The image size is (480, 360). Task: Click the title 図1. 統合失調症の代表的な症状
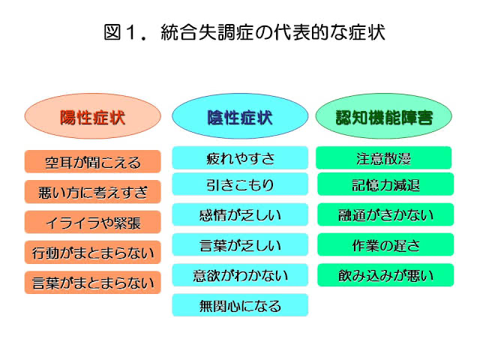pyautogui.click(x=244, y=32)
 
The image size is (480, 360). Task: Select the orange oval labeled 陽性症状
pyautogui.click(x=93, y=116)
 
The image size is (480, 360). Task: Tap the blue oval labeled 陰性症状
pyautogui.click(x=240, y=116)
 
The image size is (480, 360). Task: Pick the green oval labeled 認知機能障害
pyautogui.click(x=384, y=116)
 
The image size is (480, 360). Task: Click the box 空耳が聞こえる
pyautogui.click(x=93, y=162)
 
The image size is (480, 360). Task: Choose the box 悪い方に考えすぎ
pyautogui.click(x=93, y=192)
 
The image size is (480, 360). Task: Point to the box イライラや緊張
pyautogui.click(x=93, y=222)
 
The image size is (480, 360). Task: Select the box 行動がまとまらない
pyautogui.click(x=93, y=252)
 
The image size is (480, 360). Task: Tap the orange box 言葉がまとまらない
pyautogui.click(x=93, y=282)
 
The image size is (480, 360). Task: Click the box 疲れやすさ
pyautogui.click(x=240, y=157)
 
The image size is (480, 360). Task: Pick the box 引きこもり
pyautogui.click(x=240, y=184)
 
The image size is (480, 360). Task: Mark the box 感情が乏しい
pyautogui.click(x=240, y=214)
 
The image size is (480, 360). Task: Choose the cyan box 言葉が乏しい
pyautogui.click(x=240, y=244)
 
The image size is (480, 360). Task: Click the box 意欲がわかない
pyautogui.click(x=240, y=275)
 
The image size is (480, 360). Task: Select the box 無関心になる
pyautogui.click(x=240, y=305)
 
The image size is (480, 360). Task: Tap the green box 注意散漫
pyautogui.click(x=384, y=157)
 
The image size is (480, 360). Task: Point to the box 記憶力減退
pyautogui.click(x=385, y=184)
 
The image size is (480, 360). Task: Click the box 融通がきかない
pyautogui.click(x=385, y=214)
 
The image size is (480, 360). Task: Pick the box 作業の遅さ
pyautogui.click(x=385, y=244)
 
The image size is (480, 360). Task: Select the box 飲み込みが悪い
pyautogui.click(x=385, y=275)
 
